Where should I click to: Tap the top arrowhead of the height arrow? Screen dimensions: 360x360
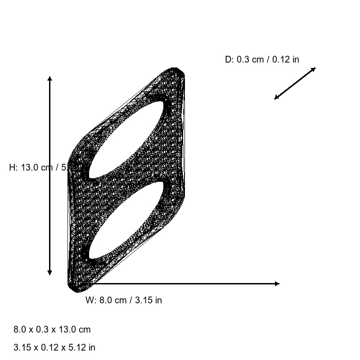49,79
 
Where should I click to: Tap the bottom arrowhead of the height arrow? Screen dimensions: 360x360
49,272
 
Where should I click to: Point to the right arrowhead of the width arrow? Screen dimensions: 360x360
277,283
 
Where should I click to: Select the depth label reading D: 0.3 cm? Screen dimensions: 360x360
262,59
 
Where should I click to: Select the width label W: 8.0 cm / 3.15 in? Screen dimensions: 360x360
124,301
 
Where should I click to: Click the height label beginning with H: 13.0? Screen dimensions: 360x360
38,167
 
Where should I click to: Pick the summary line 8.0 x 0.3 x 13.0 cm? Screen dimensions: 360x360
52,329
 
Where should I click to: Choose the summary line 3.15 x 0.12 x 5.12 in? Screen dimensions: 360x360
54,347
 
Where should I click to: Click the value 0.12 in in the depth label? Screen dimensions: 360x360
286,59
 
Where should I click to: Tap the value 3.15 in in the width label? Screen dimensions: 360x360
148,301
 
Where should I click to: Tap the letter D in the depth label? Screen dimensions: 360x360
228,59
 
